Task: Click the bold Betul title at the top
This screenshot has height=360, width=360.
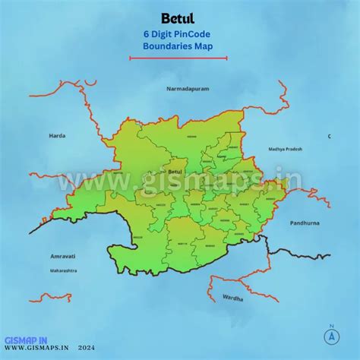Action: [178, 17]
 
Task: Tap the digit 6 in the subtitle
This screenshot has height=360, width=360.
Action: [145, 34]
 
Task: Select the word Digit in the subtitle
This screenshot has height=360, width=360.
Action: [162, 34]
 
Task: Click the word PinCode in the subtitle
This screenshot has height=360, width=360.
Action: [195, 34]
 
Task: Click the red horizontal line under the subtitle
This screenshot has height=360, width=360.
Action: [178, 57]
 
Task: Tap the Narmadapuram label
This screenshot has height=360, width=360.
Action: [188, 89]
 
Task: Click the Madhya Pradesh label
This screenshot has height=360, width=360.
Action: [285, 150]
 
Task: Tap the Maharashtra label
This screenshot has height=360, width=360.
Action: [65, 270]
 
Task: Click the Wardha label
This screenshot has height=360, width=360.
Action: [232, 298]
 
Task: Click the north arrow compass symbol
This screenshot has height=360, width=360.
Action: [331, 335]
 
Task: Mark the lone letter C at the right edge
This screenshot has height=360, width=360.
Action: [329, 136]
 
